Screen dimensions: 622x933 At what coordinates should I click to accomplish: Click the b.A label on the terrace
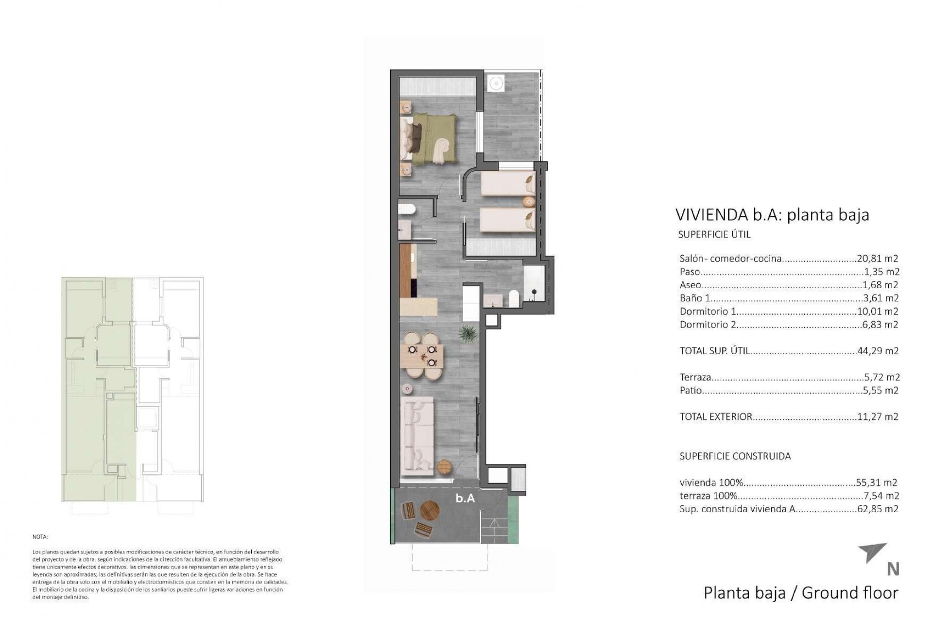[465, 498]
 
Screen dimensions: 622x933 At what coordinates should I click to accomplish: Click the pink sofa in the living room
[417, 435]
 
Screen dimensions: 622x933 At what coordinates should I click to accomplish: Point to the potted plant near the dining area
[467, 334]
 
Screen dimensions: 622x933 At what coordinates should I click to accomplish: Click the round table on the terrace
[430, 511]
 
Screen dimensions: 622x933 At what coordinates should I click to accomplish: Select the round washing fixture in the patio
[495, 83]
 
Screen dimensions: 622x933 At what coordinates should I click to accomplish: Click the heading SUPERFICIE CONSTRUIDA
[735, 456]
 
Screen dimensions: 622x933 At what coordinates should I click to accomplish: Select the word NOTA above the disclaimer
[40, 537]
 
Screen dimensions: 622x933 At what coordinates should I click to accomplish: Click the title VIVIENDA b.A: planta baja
[772, 215]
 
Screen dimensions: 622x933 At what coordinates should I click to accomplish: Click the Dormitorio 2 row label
[708, 325]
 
